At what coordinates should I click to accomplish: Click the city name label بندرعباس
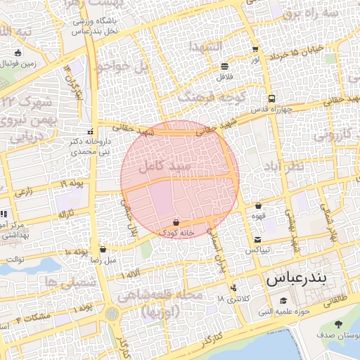tap(296, 279)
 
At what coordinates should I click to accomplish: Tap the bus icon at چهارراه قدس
tap(271, 99)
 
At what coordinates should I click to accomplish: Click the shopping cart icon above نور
tap(255, 50)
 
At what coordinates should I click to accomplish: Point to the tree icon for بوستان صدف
tap(339, 324)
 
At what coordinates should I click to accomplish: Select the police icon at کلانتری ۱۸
tap(233, 288)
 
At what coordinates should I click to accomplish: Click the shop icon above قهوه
tap(258, 206)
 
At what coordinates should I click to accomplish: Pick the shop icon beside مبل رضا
tap(103, 249)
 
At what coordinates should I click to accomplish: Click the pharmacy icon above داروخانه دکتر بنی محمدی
tap(89, 132)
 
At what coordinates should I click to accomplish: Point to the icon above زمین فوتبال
tap(18, 53)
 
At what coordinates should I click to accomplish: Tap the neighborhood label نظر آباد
tap(285, 165)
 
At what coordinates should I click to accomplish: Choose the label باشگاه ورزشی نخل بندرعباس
tap(94, 26)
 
